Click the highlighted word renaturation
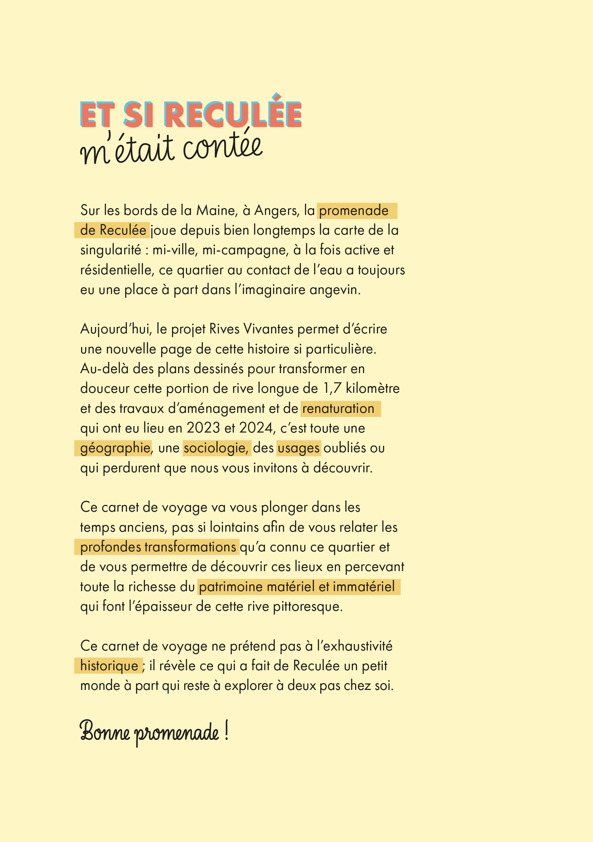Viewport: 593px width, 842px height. tap(338, 408)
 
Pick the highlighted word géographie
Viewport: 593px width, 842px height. tap(115, 448)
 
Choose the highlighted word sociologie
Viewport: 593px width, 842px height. tap(216, 448)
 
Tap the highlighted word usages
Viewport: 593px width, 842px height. tap(299, 448)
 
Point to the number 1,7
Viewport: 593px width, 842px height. tap(332, 388)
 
